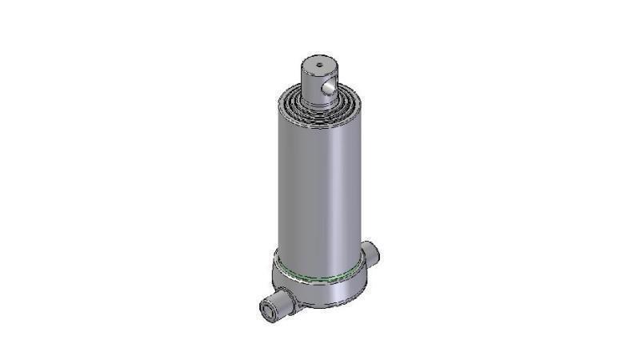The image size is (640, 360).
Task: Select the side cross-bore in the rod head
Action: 328,84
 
